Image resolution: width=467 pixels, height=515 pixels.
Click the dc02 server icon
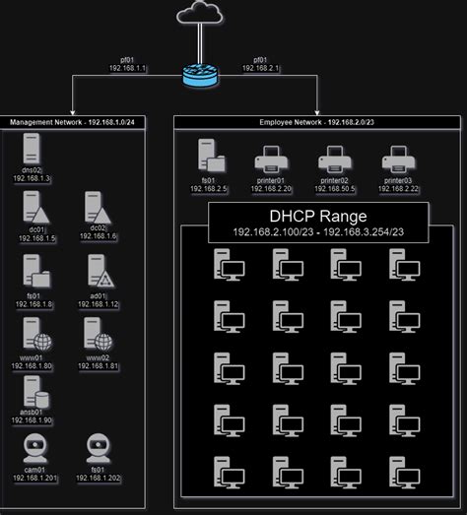tap(97, 208)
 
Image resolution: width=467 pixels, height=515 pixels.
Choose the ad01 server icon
tap(97, 270)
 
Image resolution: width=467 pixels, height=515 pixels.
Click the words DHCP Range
tap(317, 216)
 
